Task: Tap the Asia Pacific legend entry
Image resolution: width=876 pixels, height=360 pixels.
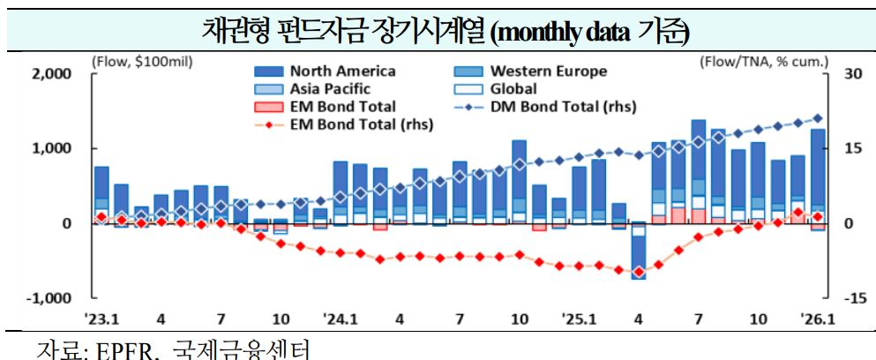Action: (330, 89)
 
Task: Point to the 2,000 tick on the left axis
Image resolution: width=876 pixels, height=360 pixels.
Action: (51, 74)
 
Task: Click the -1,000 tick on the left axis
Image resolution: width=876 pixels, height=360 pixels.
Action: (49, 298)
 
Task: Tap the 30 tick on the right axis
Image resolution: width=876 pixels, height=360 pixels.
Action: (848, 74)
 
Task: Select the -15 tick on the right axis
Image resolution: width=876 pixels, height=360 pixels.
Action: (850, 298)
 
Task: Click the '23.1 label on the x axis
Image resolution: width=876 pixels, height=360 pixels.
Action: (101, 319)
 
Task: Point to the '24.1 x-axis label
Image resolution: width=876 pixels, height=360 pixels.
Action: (339, 319)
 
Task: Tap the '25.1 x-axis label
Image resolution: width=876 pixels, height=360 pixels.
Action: (578, 319)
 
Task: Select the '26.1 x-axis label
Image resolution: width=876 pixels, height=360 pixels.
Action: (817, 319)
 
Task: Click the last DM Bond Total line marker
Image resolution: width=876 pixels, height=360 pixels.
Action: (818, 117)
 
